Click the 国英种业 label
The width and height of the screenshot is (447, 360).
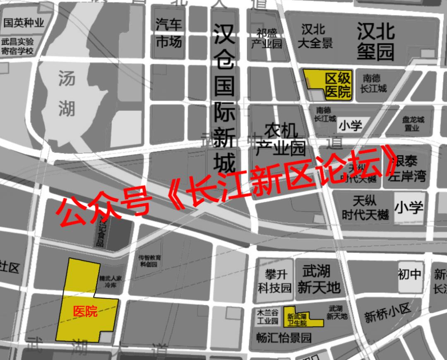[24, 23]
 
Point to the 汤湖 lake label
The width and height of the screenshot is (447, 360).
[67, 93]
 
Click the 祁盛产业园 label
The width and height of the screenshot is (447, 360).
[266, 39]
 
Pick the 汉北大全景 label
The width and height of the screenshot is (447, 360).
[315, 36]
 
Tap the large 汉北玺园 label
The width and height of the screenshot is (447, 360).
[376, 41]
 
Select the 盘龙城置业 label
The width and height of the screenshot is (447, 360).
[413, 123]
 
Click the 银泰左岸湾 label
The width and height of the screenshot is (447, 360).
[409, 169]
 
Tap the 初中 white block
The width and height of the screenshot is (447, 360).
[410, 273]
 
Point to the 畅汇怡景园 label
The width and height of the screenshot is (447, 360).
[284, 338]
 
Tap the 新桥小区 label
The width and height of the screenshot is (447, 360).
[387, 314]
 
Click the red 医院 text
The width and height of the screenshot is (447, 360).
[85, 312]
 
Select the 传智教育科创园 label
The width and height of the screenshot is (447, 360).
[149, 261]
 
